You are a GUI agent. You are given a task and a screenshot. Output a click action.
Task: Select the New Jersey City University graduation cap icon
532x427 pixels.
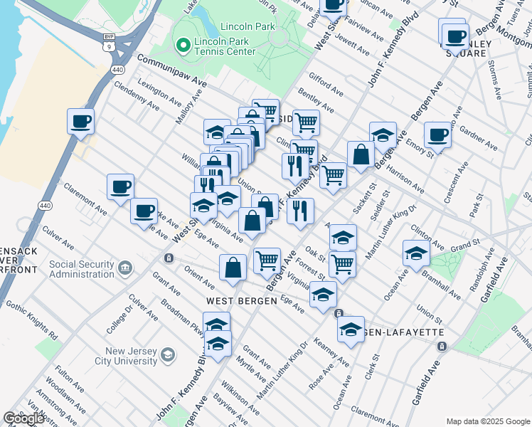[x=167, y=354]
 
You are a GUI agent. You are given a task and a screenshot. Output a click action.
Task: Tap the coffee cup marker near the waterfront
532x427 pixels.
[x=81, y=120]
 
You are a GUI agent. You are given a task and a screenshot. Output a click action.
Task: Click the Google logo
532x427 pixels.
[x=23, y=418]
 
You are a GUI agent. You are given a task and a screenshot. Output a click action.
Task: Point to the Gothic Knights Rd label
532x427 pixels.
[x=31, y=317]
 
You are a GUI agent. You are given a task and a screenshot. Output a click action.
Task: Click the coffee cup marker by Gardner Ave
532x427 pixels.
[x=437, y=134]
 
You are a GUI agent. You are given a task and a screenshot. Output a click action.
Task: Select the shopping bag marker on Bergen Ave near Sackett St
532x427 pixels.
[x=361, y=154]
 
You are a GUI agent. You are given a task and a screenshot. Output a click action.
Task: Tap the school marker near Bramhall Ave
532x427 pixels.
[x=416, y=252]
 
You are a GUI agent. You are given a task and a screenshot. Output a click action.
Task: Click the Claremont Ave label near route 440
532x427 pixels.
[x=85, y=201]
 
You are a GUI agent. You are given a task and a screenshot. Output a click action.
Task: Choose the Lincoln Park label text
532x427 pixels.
[x=248, y=26]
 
